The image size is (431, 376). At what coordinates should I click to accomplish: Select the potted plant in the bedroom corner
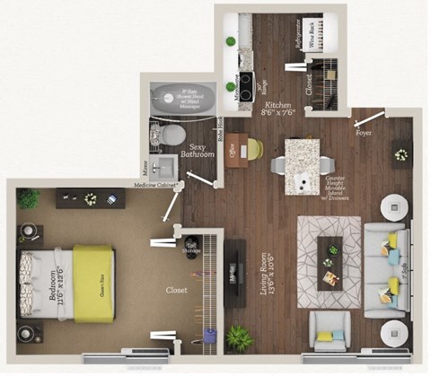[x=29, y=197]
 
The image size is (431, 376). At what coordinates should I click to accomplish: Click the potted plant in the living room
[x=239, y=337]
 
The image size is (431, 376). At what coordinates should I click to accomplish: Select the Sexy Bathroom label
[x=198, y=150]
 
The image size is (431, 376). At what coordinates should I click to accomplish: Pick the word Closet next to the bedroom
[x=177, y=291]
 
